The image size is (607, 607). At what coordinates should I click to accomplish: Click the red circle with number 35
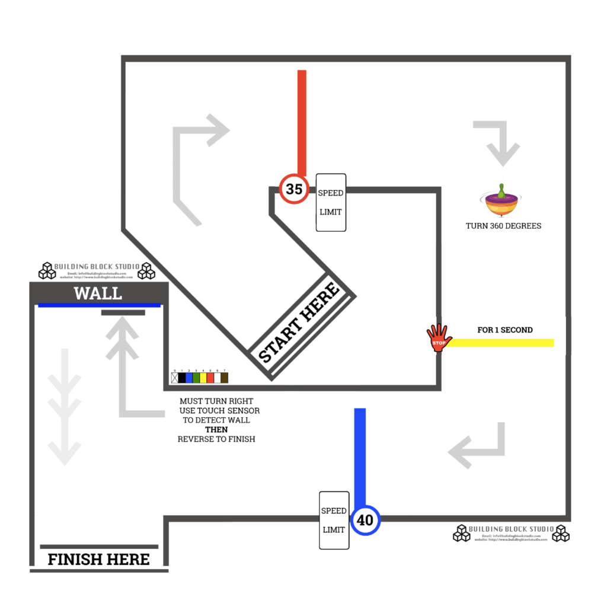(294, 189)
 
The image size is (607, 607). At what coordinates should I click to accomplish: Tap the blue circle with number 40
(365, 520)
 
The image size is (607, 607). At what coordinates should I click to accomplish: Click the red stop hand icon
(439, 338)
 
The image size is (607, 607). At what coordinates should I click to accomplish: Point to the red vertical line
(302, 122)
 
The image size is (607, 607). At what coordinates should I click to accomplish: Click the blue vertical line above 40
(360, 456)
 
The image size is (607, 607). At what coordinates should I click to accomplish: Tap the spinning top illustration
(501, 202)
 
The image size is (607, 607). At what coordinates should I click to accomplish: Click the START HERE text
(299, 324)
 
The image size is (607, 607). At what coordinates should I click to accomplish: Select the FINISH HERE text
(98, 559)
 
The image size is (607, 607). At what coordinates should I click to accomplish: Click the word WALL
(98, 293)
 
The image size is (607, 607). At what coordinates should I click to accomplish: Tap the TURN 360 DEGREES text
(503, 226)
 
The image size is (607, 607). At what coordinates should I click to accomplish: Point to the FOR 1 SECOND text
(505, 330)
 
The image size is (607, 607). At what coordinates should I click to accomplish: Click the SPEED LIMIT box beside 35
(331, 203)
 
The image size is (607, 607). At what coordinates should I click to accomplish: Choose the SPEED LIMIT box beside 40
(334, 520)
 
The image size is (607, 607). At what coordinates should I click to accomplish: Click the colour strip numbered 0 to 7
(200, 377)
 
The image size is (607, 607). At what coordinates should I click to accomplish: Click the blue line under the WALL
(99, 305)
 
